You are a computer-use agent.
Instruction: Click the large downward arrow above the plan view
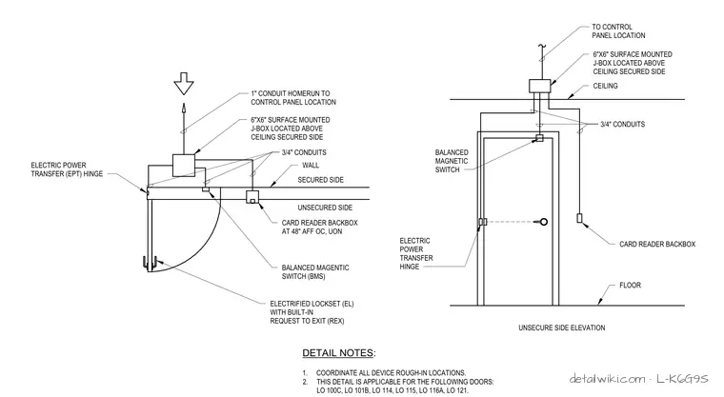point(184,84)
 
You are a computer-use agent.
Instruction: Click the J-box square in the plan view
point(184,166)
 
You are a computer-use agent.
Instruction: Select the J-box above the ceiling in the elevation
point(540,86)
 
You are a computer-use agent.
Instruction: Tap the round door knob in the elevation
point(543,222)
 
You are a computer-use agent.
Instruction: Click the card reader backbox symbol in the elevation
point(579,218)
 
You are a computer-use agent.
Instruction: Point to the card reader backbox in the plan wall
point(252,197)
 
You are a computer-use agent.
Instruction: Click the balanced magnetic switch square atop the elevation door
point(539,138)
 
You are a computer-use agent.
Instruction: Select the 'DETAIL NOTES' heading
point(339,353)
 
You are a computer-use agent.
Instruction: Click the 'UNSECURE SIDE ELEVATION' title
point(561,328)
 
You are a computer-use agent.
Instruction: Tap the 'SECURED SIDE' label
point(320,180)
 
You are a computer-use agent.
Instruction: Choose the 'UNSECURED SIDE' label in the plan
point(325,208)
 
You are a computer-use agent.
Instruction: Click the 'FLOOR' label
point(631,286)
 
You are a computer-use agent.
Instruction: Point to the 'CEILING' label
point(605,86)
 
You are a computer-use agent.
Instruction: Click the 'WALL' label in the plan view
point(311,166)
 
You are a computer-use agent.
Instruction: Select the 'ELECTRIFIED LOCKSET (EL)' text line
point(312,304)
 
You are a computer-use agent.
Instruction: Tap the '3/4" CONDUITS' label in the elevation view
point(622,124)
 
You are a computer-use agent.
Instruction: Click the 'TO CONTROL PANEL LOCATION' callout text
point(618,31)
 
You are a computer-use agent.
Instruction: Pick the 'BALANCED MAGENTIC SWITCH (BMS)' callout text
point(315,272)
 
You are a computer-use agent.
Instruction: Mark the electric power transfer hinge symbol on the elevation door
point(482,222)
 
